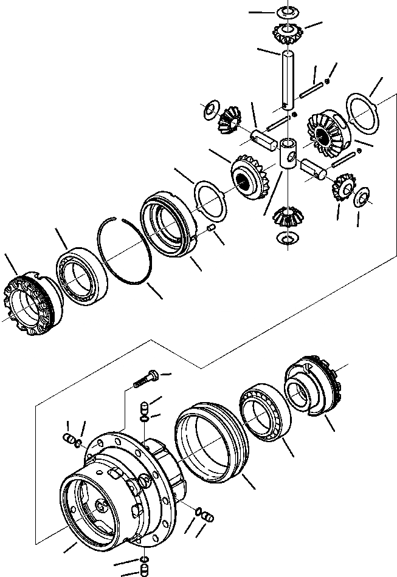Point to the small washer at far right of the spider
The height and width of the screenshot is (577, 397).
coord(361,196)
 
